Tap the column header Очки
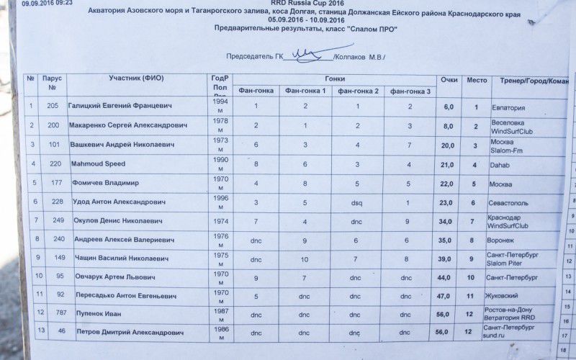449,79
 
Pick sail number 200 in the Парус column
53,125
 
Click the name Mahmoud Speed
99,164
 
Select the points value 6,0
449,107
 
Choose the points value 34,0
448,222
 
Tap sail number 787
52,312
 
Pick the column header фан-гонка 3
410,91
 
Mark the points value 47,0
448,295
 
